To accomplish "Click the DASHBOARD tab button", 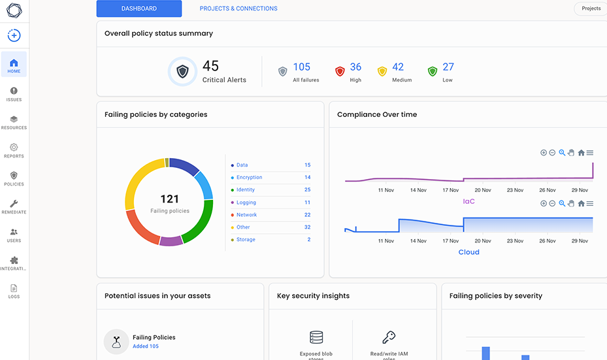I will (139, 8).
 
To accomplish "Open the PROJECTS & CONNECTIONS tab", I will (238, 8).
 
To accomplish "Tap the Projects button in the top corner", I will (591, 8).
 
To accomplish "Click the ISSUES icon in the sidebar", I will (14, 91).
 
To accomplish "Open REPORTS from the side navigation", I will (14, 148).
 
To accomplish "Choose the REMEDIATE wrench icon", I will (14, 204).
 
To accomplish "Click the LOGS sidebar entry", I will (14, 288).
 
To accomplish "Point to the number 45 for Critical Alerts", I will (210, 66).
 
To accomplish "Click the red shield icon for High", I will (339, 71).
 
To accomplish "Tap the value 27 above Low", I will (448, 67).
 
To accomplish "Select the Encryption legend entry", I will (249, 177).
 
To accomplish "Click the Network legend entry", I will (246, 215).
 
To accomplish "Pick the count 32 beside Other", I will (307, 227).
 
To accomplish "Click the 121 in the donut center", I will (170, 199).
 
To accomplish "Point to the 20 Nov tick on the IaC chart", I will (483, 190).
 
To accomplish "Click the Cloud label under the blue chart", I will (468, 252).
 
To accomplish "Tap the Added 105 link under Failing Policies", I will (146, 346).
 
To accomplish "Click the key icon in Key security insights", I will (389, 337).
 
